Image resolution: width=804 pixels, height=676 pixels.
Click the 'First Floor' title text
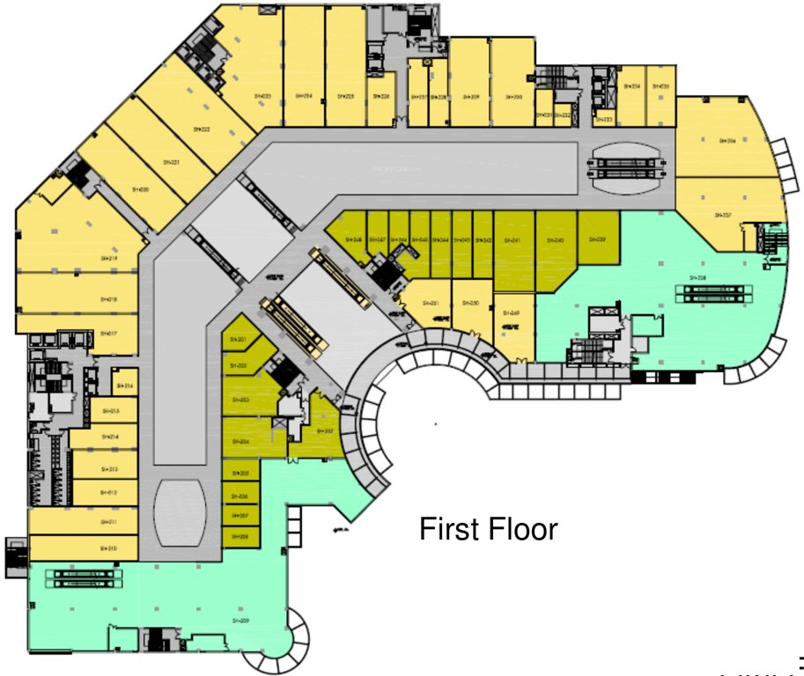[x=488, y=530]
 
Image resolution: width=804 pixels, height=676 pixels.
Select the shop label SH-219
[x=109, y=259]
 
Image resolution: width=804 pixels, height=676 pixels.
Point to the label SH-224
[x=304, y=96]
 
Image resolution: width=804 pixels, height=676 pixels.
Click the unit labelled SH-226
[x=380, y=97]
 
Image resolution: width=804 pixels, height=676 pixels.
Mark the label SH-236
[x=727, y=141]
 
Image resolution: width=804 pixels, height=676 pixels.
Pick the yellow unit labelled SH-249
[x=515, y=312]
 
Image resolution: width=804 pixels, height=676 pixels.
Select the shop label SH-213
[x=109, y=469]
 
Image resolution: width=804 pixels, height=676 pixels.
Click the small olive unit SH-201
[x=238, y=339]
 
